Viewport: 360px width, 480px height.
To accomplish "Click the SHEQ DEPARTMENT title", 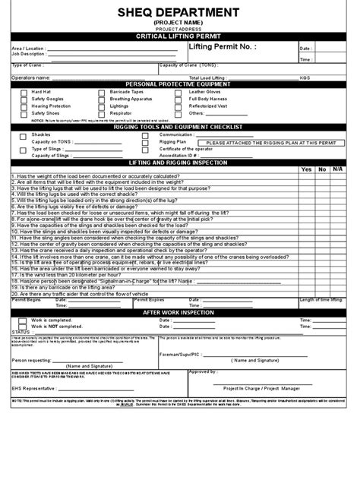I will (x=180, y=12).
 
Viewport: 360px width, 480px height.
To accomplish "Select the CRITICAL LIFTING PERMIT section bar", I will (x=180, y=36).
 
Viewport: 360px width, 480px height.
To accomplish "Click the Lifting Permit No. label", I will (x=222, y=47).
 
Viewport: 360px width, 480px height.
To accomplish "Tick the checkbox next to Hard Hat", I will (x=24, y=91).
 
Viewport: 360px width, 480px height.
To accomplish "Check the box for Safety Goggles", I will (x=24, y=99).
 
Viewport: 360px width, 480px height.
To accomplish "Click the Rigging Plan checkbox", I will (x=144, y=141).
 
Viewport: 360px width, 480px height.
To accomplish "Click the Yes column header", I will (x=306, y=169).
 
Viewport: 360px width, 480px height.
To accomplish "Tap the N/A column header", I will (x=339, y=169).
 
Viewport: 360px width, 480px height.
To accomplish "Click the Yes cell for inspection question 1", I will (x=306, y=177).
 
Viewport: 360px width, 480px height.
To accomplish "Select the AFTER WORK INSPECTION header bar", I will (x=180, y=312).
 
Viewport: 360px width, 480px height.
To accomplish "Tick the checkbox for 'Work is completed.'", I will (x=24, y=320).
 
